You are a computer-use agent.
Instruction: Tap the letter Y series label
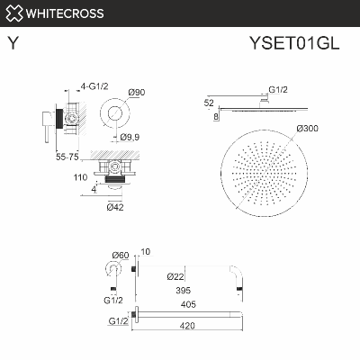coord(13,42)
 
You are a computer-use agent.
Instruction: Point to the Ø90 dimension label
coord(138,92)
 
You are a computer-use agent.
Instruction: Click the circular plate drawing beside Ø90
coord(113,113)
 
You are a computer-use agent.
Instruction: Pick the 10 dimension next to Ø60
coord(146,252)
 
